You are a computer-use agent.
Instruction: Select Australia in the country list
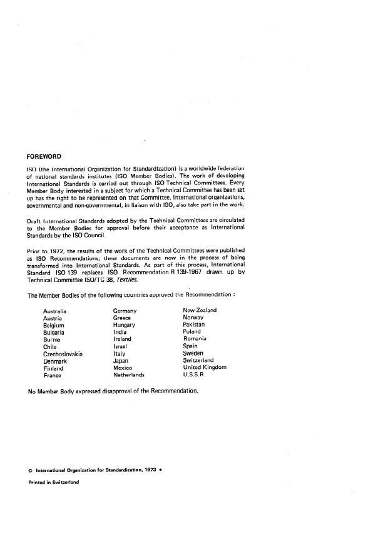pos(54,311)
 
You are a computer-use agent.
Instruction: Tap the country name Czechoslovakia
pos(63,353)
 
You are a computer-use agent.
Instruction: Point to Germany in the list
pos(125,310)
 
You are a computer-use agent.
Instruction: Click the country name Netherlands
pos(129,375)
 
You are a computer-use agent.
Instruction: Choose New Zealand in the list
pos(200,310)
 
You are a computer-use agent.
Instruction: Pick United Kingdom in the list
pos(205,368)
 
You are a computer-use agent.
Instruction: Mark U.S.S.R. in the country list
pos(194,375)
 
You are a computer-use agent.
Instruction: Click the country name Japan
pos(121,361)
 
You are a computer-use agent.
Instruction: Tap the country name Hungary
pos(124,325)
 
